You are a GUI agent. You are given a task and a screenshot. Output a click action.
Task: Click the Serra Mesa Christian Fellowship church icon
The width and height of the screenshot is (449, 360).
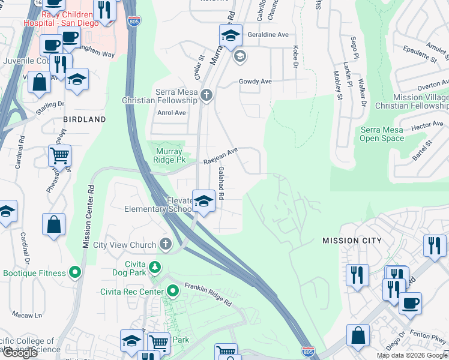pos(206,95)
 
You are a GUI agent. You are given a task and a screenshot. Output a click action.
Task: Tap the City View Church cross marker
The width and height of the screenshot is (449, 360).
pos(165,245)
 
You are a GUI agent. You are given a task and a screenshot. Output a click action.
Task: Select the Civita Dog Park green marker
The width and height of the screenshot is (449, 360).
pos(155,266)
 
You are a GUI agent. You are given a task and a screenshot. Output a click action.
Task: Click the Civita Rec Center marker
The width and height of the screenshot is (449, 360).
pos(173,292)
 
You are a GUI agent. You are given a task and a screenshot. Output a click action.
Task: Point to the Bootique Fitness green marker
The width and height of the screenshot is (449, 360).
pos(75,273)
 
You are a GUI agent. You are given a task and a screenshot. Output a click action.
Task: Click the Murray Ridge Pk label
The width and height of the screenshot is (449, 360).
pos(169,156)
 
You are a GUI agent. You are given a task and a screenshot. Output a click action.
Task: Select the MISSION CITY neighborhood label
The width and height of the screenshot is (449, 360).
pos(351,241)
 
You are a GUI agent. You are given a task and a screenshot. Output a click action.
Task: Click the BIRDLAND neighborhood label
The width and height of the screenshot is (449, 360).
pos(85,119)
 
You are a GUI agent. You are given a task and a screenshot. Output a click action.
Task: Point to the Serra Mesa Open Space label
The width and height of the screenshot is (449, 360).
pos(382,133)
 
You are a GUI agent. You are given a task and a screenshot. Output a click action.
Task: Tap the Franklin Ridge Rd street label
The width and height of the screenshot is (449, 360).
pos(208,295)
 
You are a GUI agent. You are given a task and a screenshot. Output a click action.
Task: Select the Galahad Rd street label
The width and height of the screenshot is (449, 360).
pos(221,183)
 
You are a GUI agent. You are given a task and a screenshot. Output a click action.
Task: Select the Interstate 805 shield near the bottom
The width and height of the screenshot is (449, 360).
pos(307,350)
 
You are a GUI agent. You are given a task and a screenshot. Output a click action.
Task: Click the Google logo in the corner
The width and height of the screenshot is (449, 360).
pos(20,353)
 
